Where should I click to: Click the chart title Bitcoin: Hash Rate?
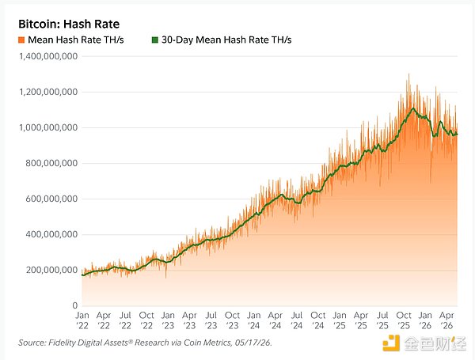(69, 24)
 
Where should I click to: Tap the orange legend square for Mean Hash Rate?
(21, 40)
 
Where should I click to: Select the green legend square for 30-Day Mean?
(155, 40)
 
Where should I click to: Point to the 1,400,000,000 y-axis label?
(48, 56)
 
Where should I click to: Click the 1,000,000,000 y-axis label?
(48, 127)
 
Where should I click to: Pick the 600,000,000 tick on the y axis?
(51, 199)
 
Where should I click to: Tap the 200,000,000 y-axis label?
(51, 270)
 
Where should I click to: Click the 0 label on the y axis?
(75, 305)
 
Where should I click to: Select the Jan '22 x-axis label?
(82, 320)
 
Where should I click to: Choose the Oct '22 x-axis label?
(146, 320)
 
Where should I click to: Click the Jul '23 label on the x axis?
(211, 320)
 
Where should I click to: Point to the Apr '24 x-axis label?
(275, 320)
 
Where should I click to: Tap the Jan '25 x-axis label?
(340, 320)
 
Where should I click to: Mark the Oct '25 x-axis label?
(404, 320)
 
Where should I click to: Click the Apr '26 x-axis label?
(446, 320)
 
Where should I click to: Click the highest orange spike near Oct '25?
(408, 74)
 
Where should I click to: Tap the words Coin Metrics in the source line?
(207, 343)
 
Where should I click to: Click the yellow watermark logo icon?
(391, 343)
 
